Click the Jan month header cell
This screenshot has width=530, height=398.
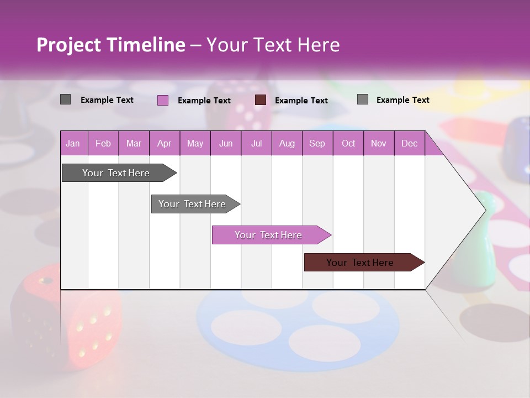[x=73, y=144]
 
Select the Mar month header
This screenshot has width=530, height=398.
[x=134, y=144]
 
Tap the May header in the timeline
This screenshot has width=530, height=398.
[x=195, y=144]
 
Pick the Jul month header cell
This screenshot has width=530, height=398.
[x=256, y=144]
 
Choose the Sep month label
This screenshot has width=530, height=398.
[x=317, y=144]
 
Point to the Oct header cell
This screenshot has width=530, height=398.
[x=348, y=144]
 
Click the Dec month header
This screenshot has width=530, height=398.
[x=409, y=144]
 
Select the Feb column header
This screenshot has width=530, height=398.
[x=103, y=144]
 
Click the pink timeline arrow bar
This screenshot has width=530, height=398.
[x=269, y=235]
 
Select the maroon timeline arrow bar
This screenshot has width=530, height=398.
[x=362, y=263]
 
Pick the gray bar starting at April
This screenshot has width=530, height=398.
[x=194, y=204]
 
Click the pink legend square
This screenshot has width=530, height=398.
[x=162, y=100]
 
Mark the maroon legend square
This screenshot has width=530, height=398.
[x=261, y=100]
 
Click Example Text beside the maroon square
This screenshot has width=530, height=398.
[x=301, y=101]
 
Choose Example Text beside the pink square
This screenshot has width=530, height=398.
[x=204, y=101]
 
